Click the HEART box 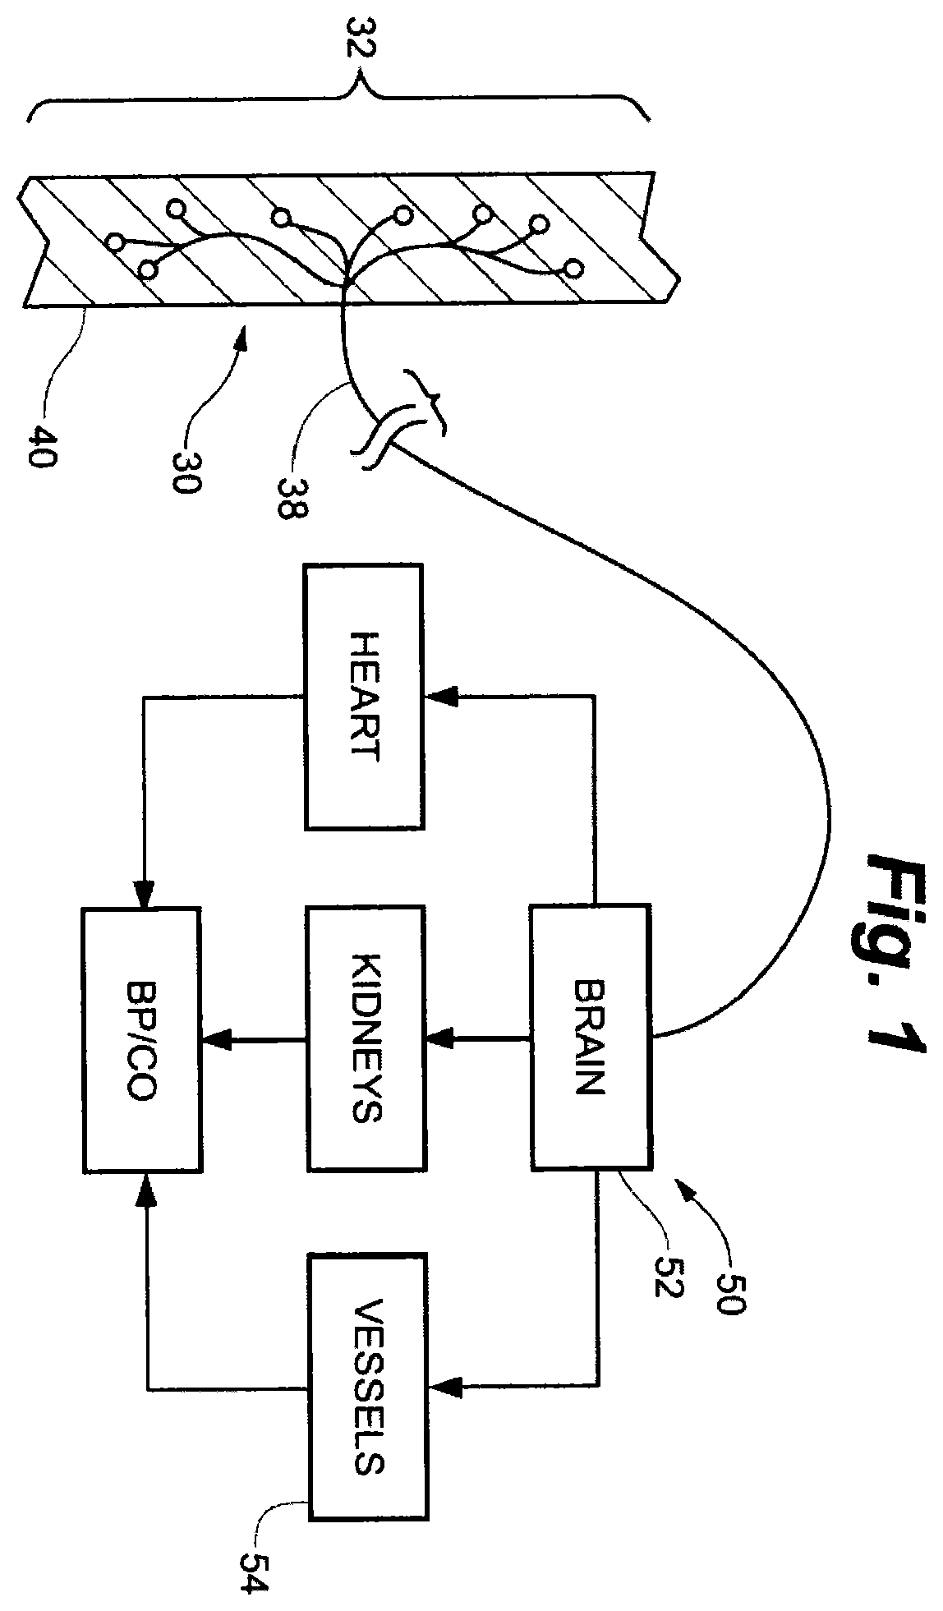(x=363, y=696)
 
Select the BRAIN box (x=591, y=1036)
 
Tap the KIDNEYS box (x=366, y=1038)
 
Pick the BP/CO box (x=140, y=1038)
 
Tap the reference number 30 (x=183, y=466)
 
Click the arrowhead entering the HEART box (x=439, y=697)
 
